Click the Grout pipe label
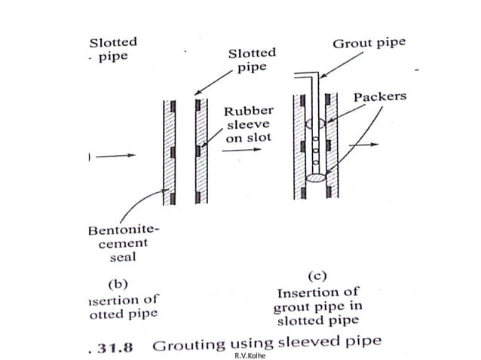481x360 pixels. coord(369,43)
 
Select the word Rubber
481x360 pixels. coord(247,111)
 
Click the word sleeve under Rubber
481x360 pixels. coord(244,124)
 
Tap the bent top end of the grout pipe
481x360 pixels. coord(302,75)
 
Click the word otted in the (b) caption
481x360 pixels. coord(95,313)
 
